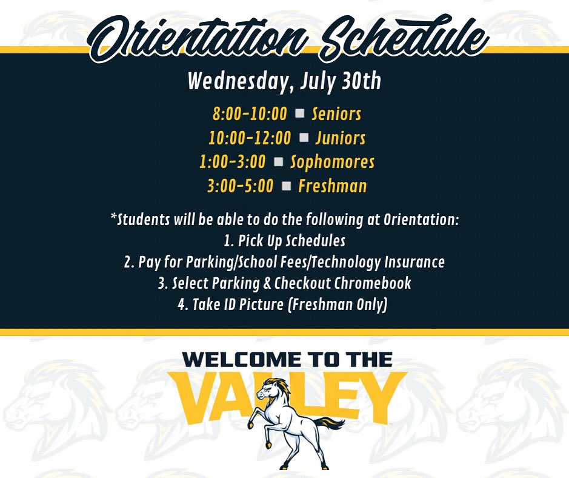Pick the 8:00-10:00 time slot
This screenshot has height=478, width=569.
[249, 113]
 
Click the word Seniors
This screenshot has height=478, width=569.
[336, 113]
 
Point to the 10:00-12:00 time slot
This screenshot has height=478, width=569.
[250, 138]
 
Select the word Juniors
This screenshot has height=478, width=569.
[340, 138]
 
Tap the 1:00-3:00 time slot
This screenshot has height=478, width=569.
[232, 162]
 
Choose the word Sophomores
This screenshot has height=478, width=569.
[332, 162]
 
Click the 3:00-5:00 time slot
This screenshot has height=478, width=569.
[240, 186]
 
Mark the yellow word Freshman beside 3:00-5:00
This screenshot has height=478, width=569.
[333, 186]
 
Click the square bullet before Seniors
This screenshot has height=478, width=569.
[299, 113]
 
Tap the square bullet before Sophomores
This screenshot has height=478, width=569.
[278, 161]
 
